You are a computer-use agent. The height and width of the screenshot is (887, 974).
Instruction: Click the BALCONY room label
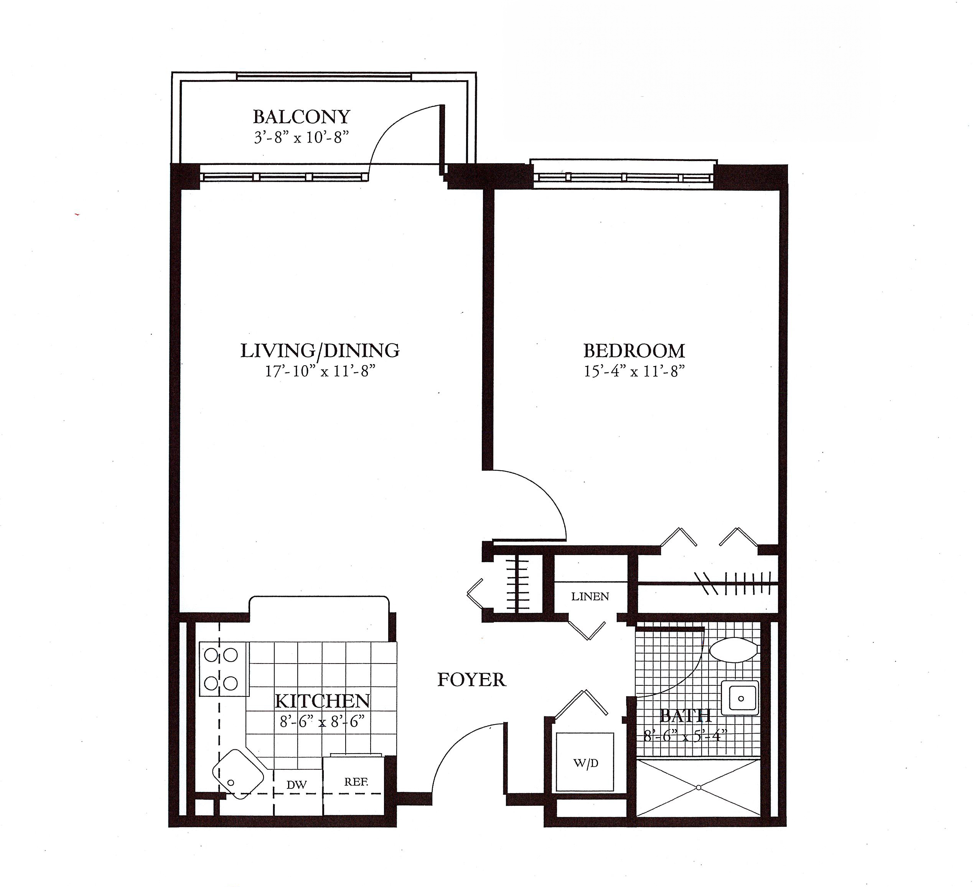pyautogui.click(x=302, y=117)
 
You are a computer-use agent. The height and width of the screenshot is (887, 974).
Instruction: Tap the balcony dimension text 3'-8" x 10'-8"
pyautogui.click(x=302, y=138)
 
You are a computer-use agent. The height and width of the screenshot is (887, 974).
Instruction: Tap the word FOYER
pyautogui.click(x=471, y=680)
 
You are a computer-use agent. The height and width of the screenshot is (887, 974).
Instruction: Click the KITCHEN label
pyautogui.click(x=322, y=701)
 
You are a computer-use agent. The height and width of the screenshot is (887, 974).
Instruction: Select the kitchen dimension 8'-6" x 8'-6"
pyautogui.click(x=322, y=722)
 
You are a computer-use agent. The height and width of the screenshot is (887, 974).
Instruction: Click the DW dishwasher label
pyautogui.click(x=297, y=785)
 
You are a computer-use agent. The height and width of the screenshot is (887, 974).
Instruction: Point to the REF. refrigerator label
pyautogui.click(x=356, y=782)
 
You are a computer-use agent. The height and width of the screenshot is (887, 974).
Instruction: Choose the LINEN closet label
pyautogui.click(x=590, y=597)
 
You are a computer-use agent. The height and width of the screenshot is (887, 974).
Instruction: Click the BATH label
pyautogui.click(x=685, y=715)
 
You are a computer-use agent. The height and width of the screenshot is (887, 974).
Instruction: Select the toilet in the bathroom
pyautogui.click(x=733, y=650)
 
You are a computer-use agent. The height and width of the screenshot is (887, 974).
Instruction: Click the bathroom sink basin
pyautogui.click(x=740, y=698)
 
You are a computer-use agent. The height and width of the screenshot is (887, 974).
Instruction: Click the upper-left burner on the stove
pyautogui.click(x=211, y=655)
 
